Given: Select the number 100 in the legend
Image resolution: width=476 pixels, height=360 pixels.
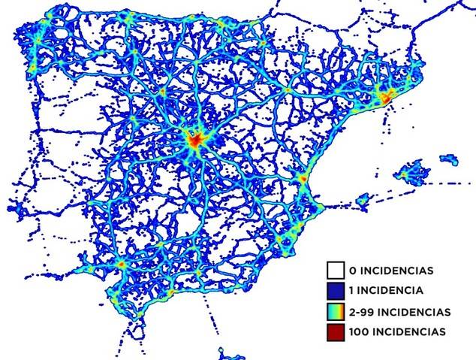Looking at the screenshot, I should click(359, 331).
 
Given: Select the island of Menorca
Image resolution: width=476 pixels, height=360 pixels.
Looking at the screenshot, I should click(449, 159).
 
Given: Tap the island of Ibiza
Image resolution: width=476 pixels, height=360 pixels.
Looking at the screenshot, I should click(364, 200).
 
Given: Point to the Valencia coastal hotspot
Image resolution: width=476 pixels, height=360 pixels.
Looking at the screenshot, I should click(302, 180).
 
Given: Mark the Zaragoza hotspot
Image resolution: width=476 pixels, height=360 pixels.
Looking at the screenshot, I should click(287, 90).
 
